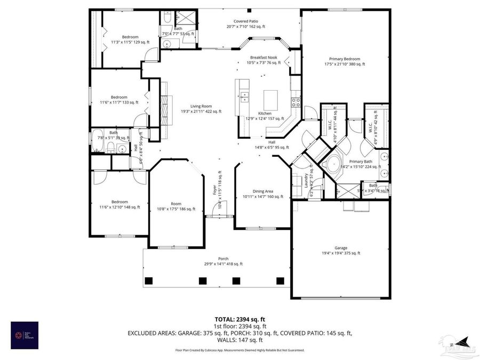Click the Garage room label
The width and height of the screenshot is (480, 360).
(x=341, y=250)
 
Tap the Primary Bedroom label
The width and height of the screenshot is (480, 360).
(x=344, y=61)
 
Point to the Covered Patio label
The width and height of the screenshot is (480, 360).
(x=245, y=23)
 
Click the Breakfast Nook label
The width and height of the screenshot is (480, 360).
(x=263, y=60)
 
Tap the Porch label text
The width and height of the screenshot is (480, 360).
(x=223, y=261)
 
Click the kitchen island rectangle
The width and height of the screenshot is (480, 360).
(x=271, y=98)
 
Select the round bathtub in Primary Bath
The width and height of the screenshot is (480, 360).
(x=334, y=163)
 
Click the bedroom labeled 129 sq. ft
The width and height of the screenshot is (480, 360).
(x=130, y=39)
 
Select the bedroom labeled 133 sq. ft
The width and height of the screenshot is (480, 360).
(x=119, y=100)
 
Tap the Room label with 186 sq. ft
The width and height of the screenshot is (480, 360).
(x=175, y=206)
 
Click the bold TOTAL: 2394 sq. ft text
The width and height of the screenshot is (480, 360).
(x=239, y=319)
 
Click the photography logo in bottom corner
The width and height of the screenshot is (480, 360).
(x=24, y=335)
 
